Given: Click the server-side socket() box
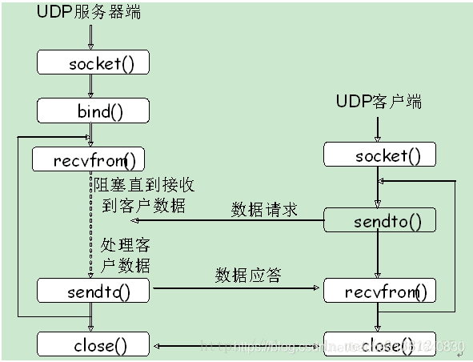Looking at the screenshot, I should click(93, 63).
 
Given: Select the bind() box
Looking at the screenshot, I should click(93, 111).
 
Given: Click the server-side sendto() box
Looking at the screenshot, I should click(93, 291).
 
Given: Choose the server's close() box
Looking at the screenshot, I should click(93, 345).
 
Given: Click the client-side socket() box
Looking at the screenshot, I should click(379, 155).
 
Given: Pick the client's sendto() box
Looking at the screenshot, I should click(379, 220).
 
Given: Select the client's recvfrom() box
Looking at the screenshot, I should click(379, 291).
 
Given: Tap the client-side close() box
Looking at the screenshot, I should click(379, 345).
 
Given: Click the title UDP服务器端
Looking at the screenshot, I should click(89, 13).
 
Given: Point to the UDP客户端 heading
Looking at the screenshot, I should click(379, 101).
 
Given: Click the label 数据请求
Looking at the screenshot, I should click(264, 209).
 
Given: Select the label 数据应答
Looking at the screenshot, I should click(248, 276).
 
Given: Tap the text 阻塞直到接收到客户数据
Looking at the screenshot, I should click(144, 196).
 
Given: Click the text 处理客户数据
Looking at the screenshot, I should click(126, 254).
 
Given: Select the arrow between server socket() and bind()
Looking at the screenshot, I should click(91, 86).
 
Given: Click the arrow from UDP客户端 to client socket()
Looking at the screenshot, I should click(379, 127).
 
